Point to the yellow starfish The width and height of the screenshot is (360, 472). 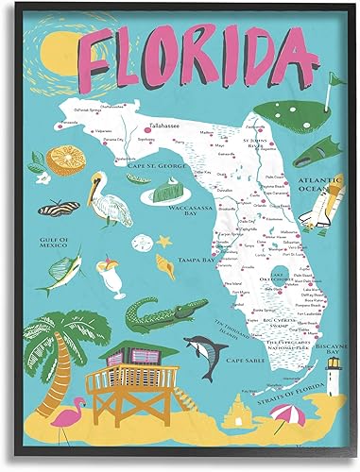170,240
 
